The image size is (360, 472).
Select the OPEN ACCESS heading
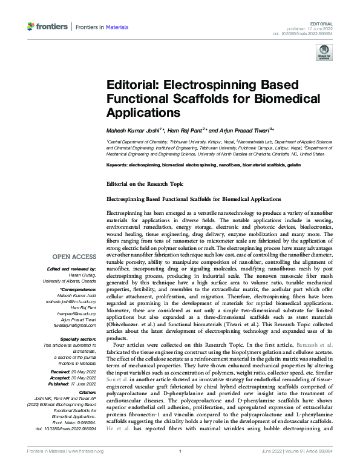(x=74, y=256)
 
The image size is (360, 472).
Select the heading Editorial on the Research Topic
(x=141, y=183)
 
